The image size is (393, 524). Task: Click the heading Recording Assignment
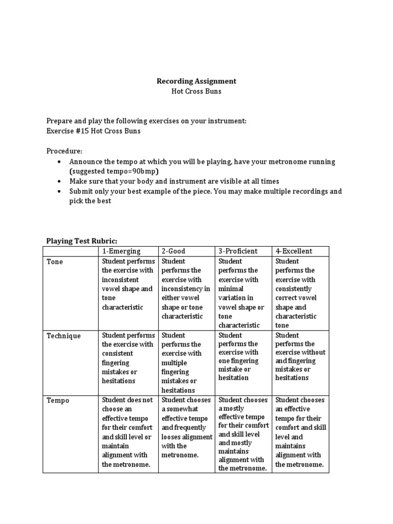(x=196, y=81)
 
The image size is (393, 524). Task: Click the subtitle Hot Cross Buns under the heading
(x=196, y=91)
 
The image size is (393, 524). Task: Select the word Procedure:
(x=64, y=151)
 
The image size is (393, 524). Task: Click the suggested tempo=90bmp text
(x=114, y=171)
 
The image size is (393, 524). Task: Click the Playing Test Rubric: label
(x=82, y=241)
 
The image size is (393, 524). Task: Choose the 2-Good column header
(x=173, y=251)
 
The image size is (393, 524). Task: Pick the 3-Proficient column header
(x=238, y=251)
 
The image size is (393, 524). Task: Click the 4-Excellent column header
(x=294, y=251)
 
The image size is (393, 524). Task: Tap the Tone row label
(x=55, y=262)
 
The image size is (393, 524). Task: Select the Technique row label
(x=63, y=336)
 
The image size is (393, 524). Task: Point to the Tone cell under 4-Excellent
(x=300, y=293)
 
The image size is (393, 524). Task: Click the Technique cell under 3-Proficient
(x=244, y=357)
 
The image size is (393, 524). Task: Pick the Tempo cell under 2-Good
(x=186, y=427)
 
